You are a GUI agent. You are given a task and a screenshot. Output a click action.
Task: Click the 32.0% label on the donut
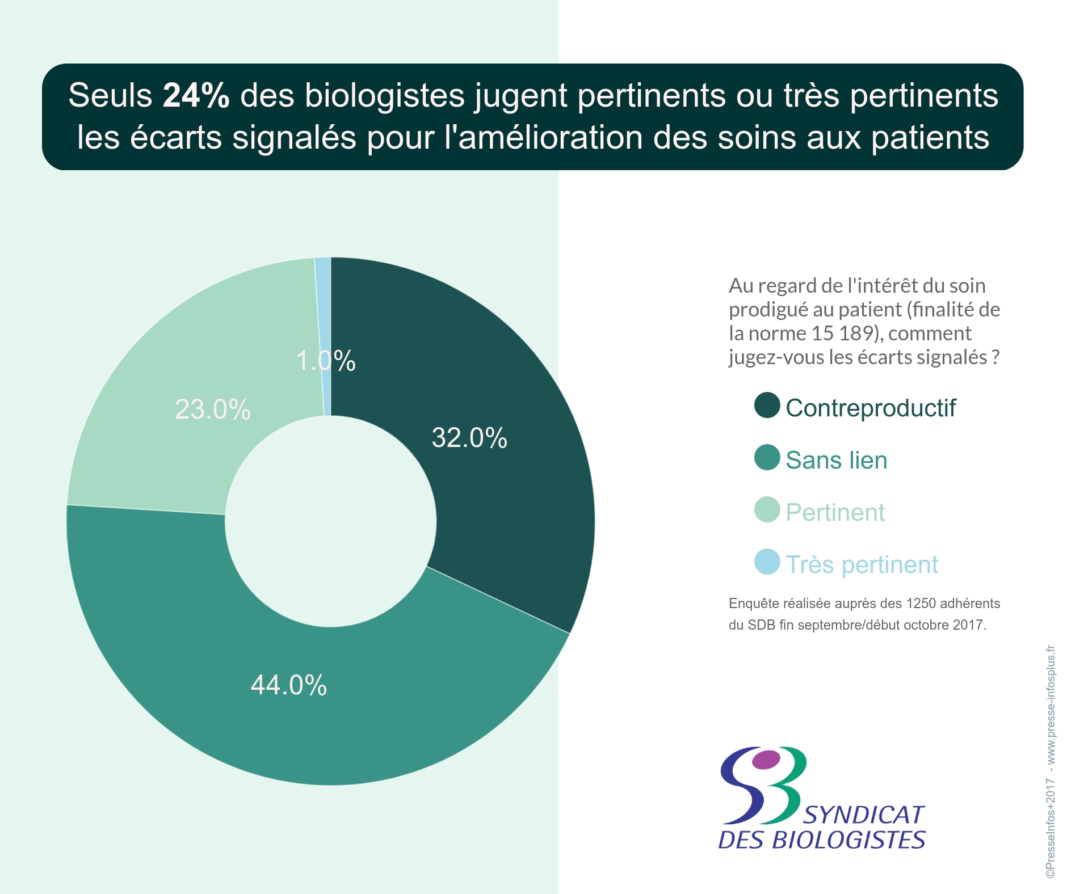click(469, 438)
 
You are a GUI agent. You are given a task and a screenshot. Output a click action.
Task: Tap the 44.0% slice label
click(288, 685)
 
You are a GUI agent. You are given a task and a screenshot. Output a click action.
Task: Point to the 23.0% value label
click(213, 410)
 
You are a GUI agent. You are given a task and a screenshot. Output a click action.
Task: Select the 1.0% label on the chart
click(325, 361)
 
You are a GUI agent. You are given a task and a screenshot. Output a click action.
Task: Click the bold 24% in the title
click(196, 95)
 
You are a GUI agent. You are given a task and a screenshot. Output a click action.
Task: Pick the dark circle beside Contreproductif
click(767, 406)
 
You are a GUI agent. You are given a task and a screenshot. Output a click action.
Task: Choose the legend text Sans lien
click(836, 460)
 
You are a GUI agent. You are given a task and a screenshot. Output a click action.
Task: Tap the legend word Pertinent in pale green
click(835, 512)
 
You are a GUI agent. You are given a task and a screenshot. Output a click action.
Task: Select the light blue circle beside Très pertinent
click(767, 562)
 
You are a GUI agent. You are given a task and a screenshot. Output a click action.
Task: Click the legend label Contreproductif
click(870, 408)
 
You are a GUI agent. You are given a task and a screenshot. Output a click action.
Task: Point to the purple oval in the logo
click(766, 759)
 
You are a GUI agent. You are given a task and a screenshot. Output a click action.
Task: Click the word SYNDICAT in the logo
click(864, 815)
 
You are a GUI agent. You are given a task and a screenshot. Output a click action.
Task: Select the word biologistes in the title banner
click(385, 95)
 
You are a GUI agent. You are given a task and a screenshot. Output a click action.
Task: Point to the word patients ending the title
click(930, 138)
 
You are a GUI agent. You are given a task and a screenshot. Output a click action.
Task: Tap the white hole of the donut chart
click(331, 521)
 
